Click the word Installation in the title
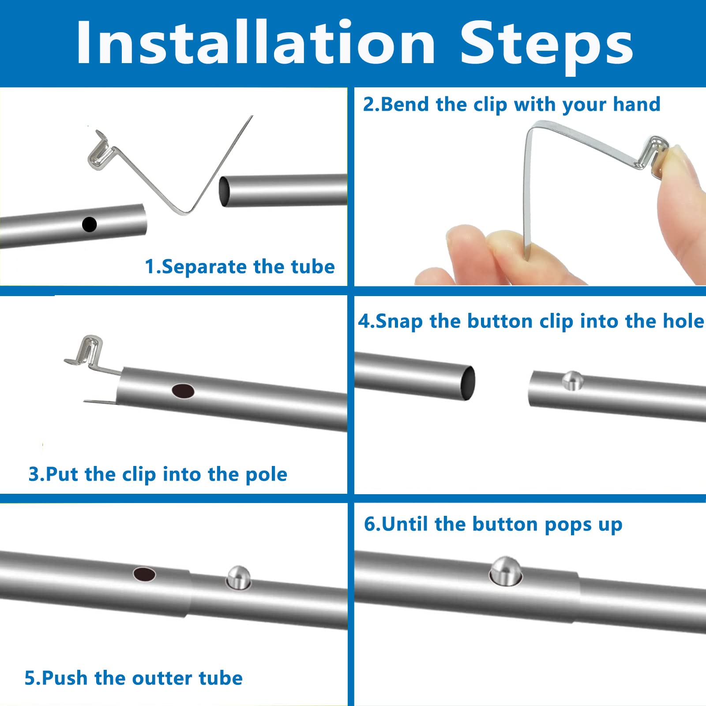click(256, 43)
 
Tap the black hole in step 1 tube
click(89, 224)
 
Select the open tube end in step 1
click(225, 191)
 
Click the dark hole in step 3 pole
click(183, 391)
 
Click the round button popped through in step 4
click(572, 380)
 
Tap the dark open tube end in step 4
click(468, 383)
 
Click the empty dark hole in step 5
click(145, 574)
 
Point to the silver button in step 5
click(238, 577)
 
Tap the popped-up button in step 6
click(506, 571)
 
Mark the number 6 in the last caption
click(370, 524)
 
